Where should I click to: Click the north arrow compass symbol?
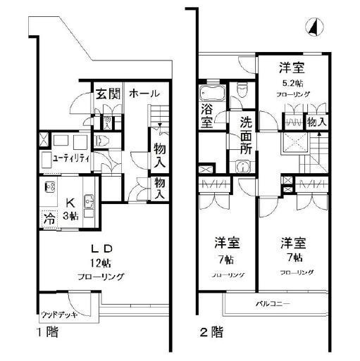coord(312,27)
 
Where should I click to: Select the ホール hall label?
coord(144,94)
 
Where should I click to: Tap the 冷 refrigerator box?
coord(49,217)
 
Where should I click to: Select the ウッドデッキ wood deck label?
coord(53,314)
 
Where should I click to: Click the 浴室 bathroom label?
coord(206,115)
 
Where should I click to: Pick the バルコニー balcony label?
coord(272,303)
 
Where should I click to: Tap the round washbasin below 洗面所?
coord(243,167)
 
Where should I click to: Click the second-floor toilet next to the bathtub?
coord(242,89)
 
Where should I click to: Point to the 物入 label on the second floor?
coord(316,122)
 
